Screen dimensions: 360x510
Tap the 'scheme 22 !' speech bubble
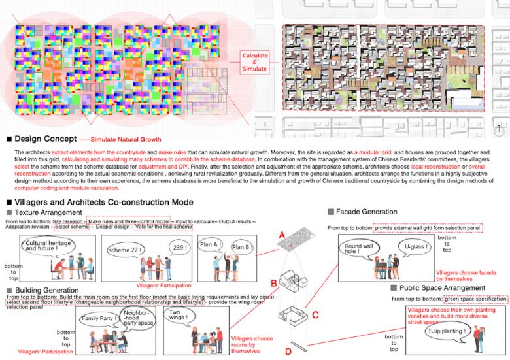click(x=125, y=249)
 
